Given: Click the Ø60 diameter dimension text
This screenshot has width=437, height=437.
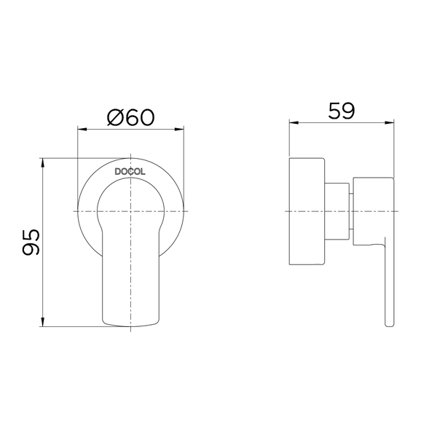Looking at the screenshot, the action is pyautogui.click(x=130, y=117).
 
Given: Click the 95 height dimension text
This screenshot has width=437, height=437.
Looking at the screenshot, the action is pyautogui.click(x=31, y=243).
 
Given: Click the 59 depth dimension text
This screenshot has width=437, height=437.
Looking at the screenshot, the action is pyautogui.click(x=342, y=111).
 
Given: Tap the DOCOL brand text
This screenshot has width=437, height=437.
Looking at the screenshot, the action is pyautogui.click(x=130, y=172).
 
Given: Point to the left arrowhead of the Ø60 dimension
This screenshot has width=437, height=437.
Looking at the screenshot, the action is pyautogui.click(x=82, y=129).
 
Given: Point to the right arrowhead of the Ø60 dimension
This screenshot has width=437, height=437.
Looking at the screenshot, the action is pyautogui.click(x=179, y=129).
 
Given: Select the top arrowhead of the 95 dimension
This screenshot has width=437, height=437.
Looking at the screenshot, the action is pyautogui.click(x=42, y=163).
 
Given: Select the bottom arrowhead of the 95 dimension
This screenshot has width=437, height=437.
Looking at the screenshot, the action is pyautogui.click(x=42, y=322).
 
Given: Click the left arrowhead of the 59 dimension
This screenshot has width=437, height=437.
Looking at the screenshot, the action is pyautogui.click(x=294, y=122).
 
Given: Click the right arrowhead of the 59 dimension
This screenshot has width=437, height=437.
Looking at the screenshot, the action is pyautogui.click(x=390, y=122).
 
